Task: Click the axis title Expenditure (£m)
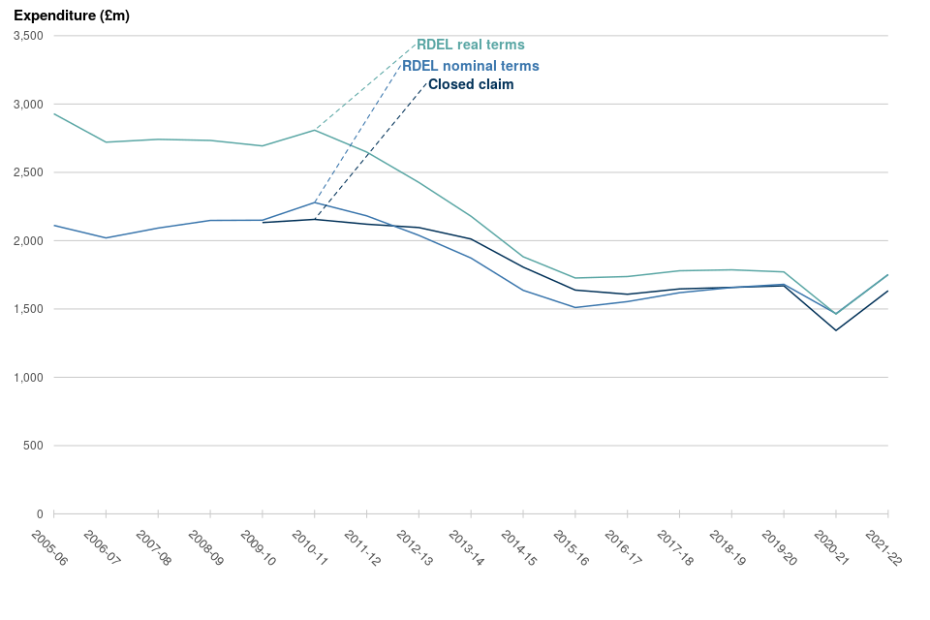[72, 15]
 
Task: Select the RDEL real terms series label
[471, 45]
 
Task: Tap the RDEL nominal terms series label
[471, 66]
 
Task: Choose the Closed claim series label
[471, 84]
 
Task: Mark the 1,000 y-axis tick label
[28, 377]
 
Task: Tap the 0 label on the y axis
[40, 513]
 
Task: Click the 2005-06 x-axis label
[47, 548]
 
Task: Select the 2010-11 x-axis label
[308, 548]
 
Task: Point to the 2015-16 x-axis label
[569, 548]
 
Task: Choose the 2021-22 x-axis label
[882, 548]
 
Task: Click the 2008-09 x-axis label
[203, 548]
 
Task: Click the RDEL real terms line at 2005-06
[54, 114]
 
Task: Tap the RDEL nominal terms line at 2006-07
[106, 237]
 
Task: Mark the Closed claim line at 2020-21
[836, 330]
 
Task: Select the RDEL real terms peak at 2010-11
[315, 130]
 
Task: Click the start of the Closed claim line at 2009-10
[263, 223]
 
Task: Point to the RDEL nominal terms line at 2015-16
[575, 307]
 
